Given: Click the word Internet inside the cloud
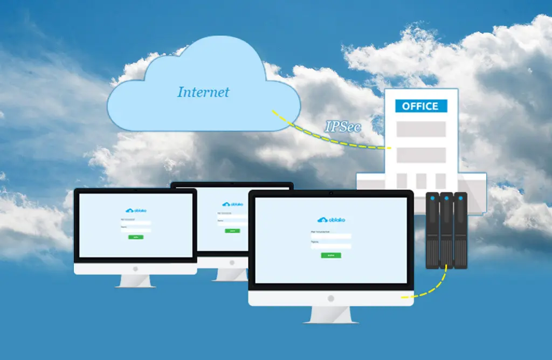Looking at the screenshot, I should coord(203,92).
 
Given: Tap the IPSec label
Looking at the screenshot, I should coord(343,127).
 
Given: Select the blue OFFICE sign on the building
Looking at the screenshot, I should coord(420,106).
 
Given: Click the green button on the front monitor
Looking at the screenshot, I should coord(330,255).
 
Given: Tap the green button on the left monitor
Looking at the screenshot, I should coord(135,237).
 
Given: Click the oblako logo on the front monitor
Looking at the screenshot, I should coord(331,220).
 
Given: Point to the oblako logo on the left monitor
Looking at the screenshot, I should coord(135,211).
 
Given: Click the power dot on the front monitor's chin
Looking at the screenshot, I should coord(330,298).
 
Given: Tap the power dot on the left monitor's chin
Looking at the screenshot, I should coord(135,268).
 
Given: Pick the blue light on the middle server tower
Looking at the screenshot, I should coord(446,198).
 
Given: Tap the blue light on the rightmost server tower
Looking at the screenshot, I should coord(460,198).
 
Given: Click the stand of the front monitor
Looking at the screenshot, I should coord(330,315).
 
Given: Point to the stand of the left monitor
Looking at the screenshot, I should coord(135,281).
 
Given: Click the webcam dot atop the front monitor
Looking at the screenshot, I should coord(330,192).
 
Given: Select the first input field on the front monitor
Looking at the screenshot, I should coord(331,236).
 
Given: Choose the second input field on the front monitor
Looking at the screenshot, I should coord(331,246).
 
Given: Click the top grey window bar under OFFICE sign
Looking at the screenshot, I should coord(421,129).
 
